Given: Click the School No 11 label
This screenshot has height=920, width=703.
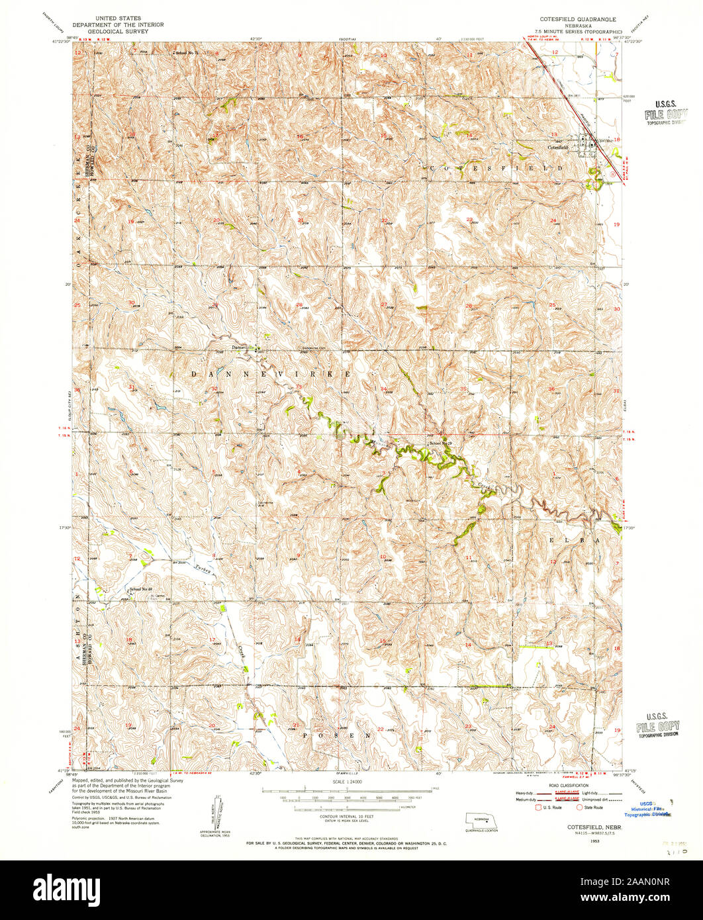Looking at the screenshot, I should coord(187,52).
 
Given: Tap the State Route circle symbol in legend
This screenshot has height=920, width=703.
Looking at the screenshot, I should coord(579,807).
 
